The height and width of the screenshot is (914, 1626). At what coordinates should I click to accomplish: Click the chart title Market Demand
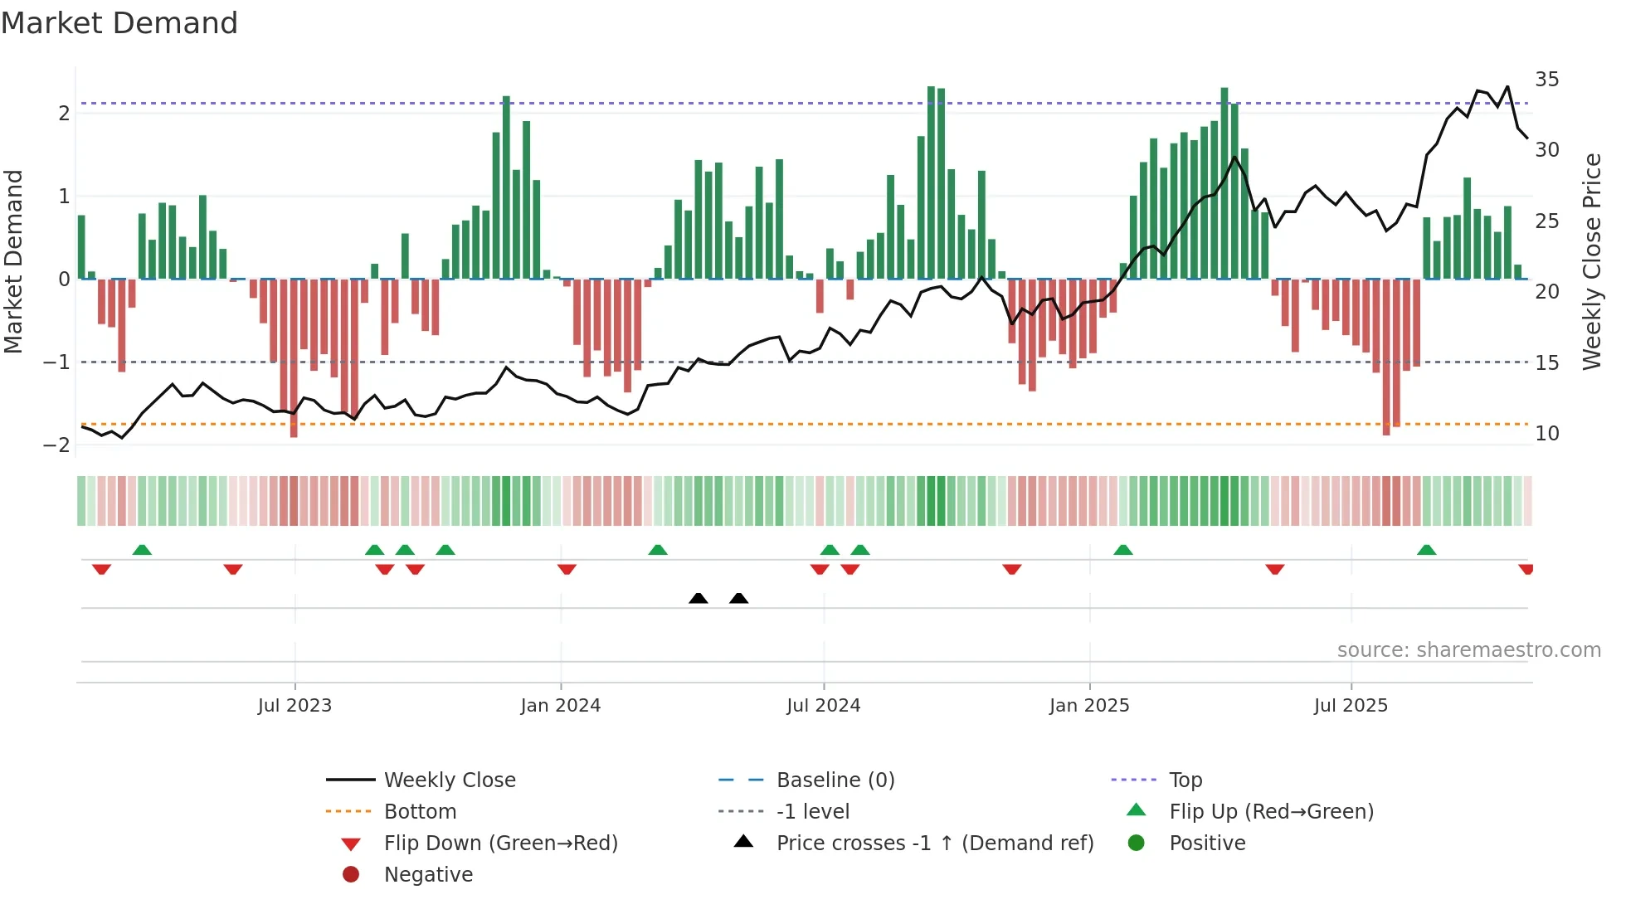click(119, 23)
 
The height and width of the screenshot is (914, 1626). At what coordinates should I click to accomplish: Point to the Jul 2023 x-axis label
click(295, 706)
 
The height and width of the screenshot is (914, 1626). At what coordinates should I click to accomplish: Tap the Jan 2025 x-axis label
click(1089, 706)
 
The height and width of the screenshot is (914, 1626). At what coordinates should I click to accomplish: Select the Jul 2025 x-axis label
click(1351, 706)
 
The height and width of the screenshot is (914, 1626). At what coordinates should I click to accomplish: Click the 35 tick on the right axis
click(1546, 80)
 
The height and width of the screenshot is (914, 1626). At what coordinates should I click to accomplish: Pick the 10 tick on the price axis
click(1546, 434)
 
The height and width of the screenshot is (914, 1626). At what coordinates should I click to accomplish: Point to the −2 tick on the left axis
click(56, 445)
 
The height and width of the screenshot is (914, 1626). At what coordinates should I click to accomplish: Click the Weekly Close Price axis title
click(1591, 261)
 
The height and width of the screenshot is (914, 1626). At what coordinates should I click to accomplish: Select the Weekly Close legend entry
click(449, 780)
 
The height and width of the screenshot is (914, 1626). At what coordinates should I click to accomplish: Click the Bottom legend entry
click(420, 812)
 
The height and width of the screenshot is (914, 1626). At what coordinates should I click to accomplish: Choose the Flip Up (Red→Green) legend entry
click(1271, 812)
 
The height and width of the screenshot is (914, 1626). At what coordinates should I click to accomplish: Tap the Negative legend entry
click(428, 875)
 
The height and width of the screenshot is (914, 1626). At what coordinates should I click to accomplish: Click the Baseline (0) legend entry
click(835, 780)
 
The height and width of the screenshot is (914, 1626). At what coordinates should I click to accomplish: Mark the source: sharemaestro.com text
click(1468, 650)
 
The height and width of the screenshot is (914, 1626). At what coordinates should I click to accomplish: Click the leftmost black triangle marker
click(699, 599)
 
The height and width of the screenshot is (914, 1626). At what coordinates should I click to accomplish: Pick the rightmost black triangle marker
click(739, 599)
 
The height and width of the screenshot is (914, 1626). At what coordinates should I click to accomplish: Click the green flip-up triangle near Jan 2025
click(1123, 550)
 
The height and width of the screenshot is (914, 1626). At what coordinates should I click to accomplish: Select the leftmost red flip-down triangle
click(101, 569)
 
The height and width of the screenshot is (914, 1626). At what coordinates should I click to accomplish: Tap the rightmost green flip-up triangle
click(1427, 550)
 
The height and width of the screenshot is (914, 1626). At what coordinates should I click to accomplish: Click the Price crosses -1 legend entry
click(934, 844)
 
